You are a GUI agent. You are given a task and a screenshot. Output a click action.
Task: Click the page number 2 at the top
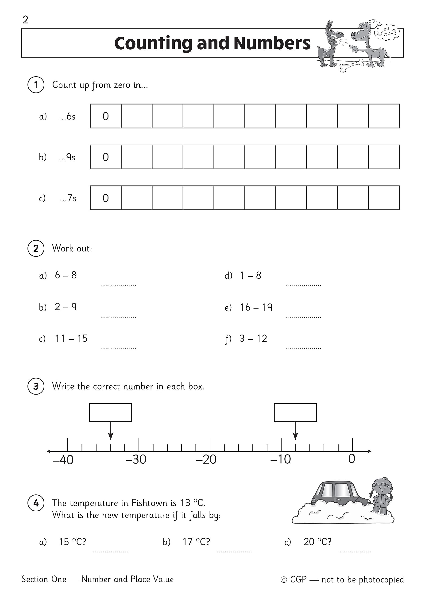pos(25,20)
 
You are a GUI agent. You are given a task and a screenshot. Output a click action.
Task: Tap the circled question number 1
pos(36,85)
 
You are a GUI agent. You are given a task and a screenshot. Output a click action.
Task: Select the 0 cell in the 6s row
pos(105,116)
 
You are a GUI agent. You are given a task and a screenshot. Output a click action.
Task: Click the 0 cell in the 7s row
pos(105,198)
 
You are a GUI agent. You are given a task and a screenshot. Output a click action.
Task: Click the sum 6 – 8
pos(66,275)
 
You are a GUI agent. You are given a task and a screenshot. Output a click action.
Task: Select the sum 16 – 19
pos(256,307)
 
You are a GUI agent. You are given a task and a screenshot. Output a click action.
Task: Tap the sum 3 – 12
pos(253,339)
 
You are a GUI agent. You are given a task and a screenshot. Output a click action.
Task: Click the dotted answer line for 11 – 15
pos(119,348)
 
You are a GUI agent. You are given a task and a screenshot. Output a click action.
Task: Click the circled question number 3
pos(36,386)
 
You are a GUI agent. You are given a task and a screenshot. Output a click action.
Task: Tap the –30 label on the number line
pos(136,459)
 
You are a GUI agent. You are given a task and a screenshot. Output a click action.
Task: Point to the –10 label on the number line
pos(280,459)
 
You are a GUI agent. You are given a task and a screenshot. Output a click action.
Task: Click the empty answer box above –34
pos(111,412)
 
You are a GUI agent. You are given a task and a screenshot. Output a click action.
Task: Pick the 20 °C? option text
pos(317,542)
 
